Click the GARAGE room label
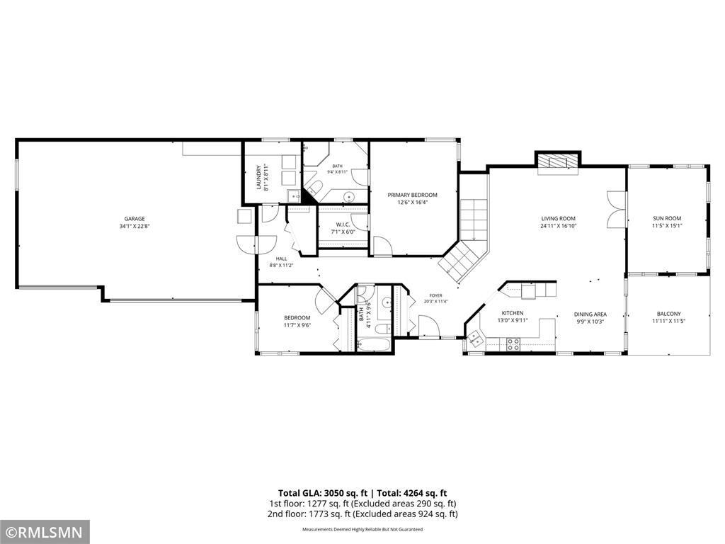pos(135,219)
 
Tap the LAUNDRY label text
pos(259,177)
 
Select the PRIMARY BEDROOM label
pos(413,195)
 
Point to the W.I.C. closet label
pos(343,225)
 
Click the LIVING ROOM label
pos(559,218)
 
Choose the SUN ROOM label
pos(667,218)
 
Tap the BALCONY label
pos(668,314)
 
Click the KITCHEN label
pos(513,313)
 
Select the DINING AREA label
pos(590,314)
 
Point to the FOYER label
pos(435,295)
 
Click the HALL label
pos(282,259)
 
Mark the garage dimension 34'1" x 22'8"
pos(135,226)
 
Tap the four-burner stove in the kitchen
pos(513,344)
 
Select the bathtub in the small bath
pos(375,345)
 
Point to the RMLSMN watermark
pos(45,531)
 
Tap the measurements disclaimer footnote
pos(362,529)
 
